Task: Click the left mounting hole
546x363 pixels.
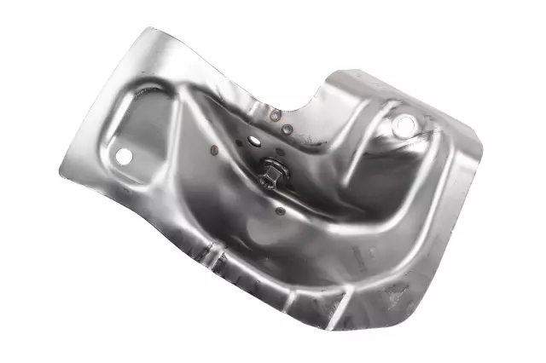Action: point(125,157)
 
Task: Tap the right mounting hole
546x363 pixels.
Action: point(403,126)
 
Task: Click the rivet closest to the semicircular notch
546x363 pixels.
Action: point(276,115)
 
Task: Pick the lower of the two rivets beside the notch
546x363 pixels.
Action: point(288,130)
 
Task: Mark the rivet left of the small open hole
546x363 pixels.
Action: point(213,151)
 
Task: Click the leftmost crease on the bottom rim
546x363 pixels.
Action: point(208,255)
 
